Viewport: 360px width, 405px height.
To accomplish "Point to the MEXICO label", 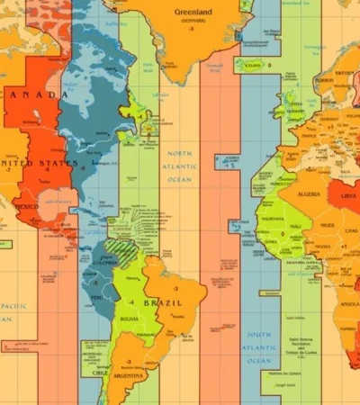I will click(26, 206).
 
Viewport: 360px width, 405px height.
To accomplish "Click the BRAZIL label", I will click(166, 303).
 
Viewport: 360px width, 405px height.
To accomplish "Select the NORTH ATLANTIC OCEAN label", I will click(180, 166).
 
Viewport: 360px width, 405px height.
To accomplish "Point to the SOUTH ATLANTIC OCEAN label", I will click(258, 347).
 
